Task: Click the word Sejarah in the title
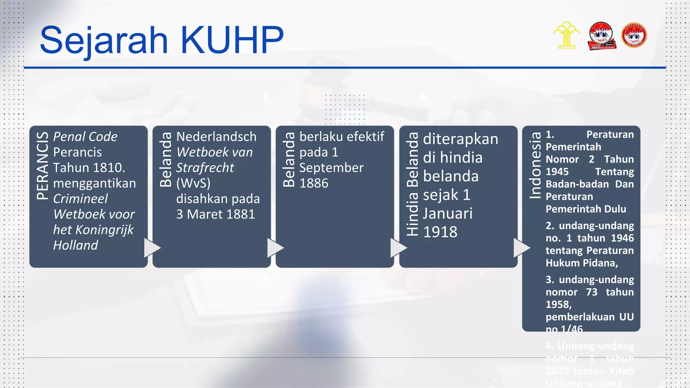click(103, 40)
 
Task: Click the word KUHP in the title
click(232, 40)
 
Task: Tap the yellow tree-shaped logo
click(566, 35)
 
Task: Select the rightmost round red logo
click(634, 35)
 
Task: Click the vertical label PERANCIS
click(42, 165)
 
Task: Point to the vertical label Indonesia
click(535, 165)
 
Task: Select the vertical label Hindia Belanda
click(412, 184)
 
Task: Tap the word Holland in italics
click(75, 245)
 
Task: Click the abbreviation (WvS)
click(193, 183)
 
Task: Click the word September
click(332, 168)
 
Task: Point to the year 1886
click(314, 183)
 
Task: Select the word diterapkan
click(460, 139)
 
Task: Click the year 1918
click(440, 232)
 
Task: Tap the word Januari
click(447, 213)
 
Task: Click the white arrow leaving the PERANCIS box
click(152, 248)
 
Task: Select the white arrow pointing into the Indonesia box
click(521, 248)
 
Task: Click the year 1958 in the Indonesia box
click(558, 304)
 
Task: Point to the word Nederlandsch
click(216, 137)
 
